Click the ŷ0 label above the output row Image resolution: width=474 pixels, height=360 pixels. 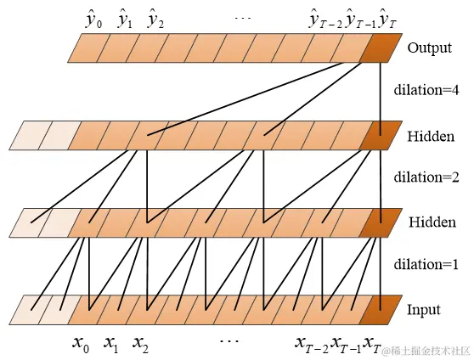(x=93, y=20)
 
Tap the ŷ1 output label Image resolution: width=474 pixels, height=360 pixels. (x=125, y=20)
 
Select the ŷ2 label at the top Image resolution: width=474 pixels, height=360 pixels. (x=155, y=20)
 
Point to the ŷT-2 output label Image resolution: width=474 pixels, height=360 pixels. (x=326, y=20)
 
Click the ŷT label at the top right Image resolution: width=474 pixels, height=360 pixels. (x=387, y=20)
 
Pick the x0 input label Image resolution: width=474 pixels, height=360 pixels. (x=81, y=345)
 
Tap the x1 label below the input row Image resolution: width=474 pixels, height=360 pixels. (x=110, y=345)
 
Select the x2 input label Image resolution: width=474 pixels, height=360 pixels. (x=140, y=345)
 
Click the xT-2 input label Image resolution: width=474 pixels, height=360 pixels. (x=312, y=345)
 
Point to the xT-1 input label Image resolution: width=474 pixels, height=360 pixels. (x=346, y=345)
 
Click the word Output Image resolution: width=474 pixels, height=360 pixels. (x=430, y=48)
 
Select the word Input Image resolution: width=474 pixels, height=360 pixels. (x=424, y=311)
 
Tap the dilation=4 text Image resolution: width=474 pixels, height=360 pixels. (x=426, y=90)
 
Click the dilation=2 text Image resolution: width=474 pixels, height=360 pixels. (x=426, y=177)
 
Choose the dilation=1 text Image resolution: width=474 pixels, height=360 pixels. (x=426, y=265)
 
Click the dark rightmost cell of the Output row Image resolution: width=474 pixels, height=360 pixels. (x=381, y=48)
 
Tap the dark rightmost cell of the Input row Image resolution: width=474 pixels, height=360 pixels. (x=381, y=310)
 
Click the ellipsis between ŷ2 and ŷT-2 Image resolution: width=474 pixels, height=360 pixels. (x=243, y=18)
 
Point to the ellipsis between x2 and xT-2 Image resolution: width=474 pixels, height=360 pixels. (x=229, y=341)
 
